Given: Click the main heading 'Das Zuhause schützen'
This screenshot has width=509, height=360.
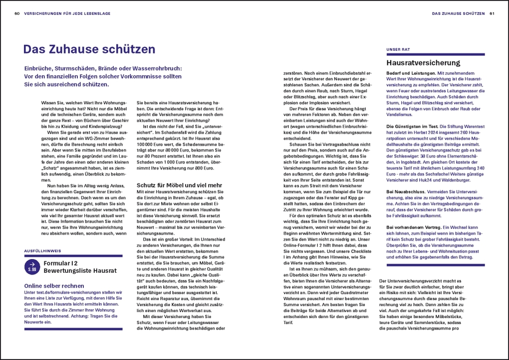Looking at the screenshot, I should pyautogui.click(x=89, y=49).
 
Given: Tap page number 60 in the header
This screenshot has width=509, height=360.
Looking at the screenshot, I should pyautogui.click(x=17, y=13).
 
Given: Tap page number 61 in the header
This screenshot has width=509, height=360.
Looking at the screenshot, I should pyautogui.click(x=492, y=13).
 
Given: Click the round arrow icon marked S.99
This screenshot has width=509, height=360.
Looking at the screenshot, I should pyautogui.click(x=32, y=267).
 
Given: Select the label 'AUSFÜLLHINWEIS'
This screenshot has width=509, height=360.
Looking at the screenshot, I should pyautogui.click(x=40, y=250).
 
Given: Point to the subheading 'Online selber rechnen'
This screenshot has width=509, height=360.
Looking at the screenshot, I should pyautogui.click(x=54, y=286).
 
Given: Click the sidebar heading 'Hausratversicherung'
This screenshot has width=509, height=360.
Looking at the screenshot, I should pyautogui.click(x=423, y=63).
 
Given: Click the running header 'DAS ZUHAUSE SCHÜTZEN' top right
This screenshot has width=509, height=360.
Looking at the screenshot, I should pyautogui.click(x=458, y=13).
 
